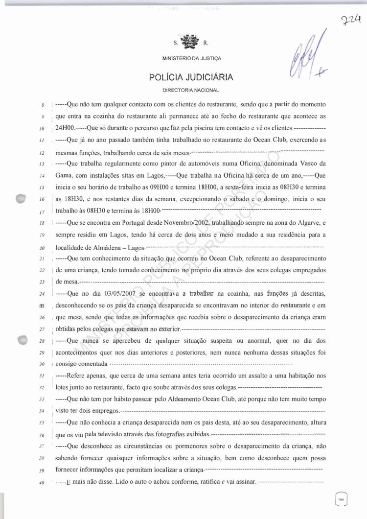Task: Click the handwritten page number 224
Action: tap(351, 21)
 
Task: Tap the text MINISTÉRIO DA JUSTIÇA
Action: tap(191, 59)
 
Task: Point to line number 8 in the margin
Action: tap(43, 105)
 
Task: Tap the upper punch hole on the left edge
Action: tap(21, 200)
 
